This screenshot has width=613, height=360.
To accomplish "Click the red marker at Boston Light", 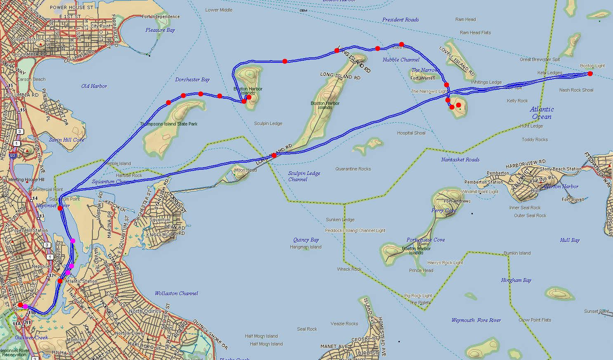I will tap(590, 74).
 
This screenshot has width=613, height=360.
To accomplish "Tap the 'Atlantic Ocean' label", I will tap(542, 113).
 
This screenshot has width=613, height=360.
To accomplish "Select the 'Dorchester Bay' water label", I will tap(192, 80).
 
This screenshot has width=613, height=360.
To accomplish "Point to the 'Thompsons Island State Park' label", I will tap(169, 124).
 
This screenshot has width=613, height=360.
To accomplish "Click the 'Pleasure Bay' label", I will tap(160, 30).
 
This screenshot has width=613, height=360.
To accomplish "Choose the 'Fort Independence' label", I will tap(160, 17).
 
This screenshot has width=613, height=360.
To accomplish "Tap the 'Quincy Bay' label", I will tap(306, 240).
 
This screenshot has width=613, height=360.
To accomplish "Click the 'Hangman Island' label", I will tap(306, 247).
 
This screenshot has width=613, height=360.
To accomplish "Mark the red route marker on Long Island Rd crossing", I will tap(274, 156).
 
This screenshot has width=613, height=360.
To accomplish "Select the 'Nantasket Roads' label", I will tap(460, 160).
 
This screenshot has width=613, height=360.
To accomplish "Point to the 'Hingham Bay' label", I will tap(516, 280).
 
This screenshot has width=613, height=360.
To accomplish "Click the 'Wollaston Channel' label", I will tap(176, 294).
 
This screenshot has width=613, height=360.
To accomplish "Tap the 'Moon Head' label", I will tap(245, 170).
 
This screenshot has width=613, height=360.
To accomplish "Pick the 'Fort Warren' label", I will tap(423, 78).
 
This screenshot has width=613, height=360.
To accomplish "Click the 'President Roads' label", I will tap(400, 20).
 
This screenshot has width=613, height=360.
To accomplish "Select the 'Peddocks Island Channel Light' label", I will tap(355, 230).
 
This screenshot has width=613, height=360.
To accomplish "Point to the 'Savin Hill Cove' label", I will tap(66, 140).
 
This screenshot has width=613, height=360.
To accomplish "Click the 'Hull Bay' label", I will tap(570, 240).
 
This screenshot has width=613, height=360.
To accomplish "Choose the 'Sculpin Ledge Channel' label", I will tap(304, 176).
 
